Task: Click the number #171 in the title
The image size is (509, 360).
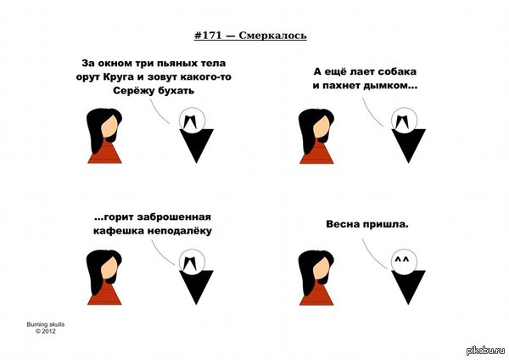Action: pos(208,35)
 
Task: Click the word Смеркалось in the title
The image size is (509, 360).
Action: pos(272,36)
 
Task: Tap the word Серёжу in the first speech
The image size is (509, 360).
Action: pos(134,90)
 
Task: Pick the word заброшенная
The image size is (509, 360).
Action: pos(174,217)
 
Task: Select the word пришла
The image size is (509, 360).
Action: pos(386,224)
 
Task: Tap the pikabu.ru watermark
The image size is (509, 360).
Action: pos(486,351)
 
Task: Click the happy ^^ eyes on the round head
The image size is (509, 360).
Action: pos(401,260)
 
